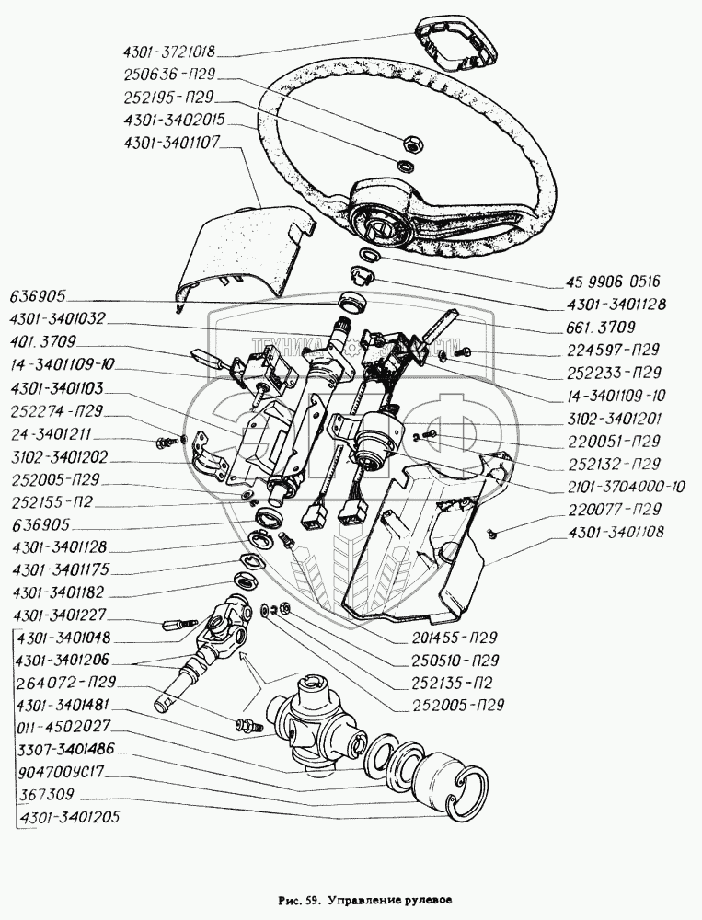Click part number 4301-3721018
tap(169, 52)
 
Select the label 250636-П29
tap(169, 75)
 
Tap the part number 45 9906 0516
tap(614, 282)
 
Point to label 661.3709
tap(601, 328)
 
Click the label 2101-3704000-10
tap(626, 487)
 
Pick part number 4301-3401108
tap(616, 533)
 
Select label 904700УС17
tap(61, 772)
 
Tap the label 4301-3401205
tap(69, 817)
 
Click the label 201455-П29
tap(454, 638)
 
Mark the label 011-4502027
tap(64, 728)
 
